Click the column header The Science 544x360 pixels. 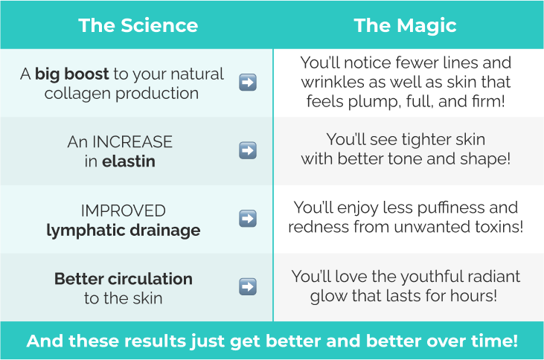point(138,25)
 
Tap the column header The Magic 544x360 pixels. point(405,26)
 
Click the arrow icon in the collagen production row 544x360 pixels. point(248,83)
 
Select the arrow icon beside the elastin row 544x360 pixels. point(248,150)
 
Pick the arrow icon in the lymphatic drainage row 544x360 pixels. point(248,218)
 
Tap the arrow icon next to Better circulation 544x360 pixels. point(248,286)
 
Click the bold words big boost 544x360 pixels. point(72,74)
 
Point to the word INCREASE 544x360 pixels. point(132,142)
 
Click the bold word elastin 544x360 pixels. point(128,161)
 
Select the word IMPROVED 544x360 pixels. point(124,210)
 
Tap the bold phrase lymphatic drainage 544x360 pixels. point(124,231)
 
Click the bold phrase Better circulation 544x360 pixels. point(124,279)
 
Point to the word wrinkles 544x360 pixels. point(333,83)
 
